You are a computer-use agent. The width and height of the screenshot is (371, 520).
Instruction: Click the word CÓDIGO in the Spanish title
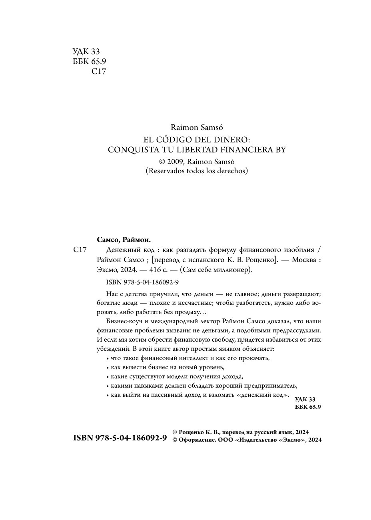pyautogui.click(x=171, y=139)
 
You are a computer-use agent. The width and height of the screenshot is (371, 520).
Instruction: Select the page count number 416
pyautogui.click(x=155, y=270)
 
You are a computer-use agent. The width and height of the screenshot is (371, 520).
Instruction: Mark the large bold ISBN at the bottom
pyautogui.click(x=120, y=438)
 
